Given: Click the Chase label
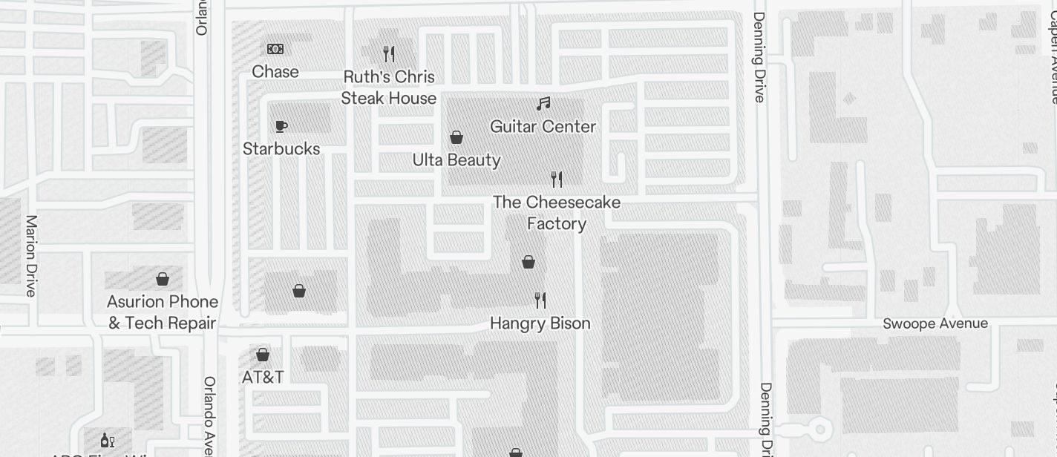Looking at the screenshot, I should [275, 72].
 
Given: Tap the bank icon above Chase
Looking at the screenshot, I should [275, 49].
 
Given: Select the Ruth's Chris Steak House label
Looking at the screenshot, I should [389, 88].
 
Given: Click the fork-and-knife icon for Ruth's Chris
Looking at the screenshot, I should [389, 53].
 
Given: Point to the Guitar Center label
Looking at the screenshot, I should [543, 127].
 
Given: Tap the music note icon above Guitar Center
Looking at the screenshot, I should [544, 104].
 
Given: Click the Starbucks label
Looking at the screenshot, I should [281, 149].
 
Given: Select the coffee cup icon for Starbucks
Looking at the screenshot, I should [281, 126].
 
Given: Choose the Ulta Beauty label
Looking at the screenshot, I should [456, 160].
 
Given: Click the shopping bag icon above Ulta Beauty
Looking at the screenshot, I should [457, 137].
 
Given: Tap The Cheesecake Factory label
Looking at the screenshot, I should [557, 213].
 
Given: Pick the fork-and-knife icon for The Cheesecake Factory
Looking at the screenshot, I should [557, 179].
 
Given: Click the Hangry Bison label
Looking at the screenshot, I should [540, 323].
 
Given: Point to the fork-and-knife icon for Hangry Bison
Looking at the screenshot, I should [540, 300].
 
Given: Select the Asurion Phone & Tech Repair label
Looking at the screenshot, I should [163, 312].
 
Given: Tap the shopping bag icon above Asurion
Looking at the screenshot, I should [163, 279].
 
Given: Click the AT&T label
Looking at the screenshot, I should [263, 377].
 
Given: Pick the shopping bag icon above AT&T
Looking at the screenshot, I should [263, 354].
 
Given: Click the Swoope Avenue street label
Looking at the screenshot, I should [935, 323].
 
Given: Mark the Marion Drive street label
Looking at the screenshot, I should [31, 256].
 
